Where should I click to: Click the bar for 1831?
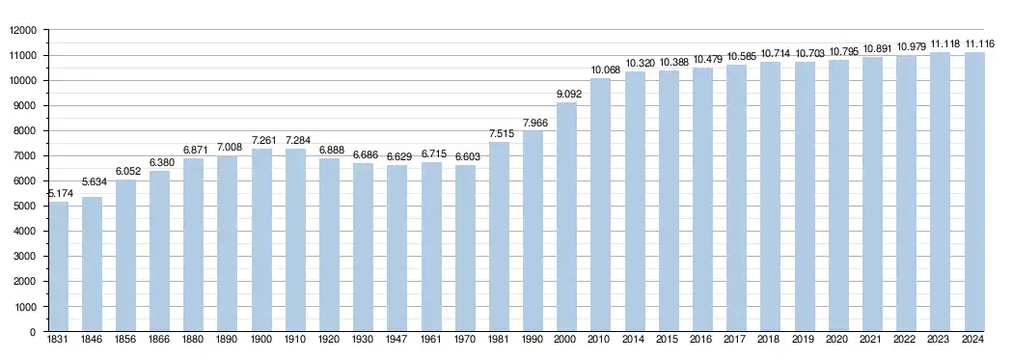point(59,266)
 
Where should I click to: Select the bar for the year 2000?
point(566,217)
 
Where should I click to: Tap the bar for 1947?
point(397,248)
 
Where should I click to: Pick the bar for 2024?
point(974,192)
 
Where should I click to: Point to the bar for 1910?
point(296,239)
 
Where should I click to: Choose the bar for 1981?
point(499,237)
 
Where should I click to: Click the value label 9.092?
point(569,94)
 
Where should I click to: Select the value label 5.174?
point(61,193)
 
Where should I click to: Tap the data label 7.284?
point(298,140)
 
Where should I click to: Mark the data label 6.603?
point(468,157)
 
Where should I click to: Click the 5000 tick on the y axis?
point(32,207)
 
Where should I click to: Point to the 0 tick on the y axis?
point(41,332)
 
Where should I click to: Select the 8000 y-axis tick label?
point(32,130)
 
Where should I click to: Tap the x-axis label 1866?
point(160,340)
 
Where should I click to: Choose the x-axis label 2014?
point(635,340)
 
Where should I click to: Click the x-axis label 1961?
point(431,340)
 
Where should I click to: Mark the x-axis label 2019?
point(804,340)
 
